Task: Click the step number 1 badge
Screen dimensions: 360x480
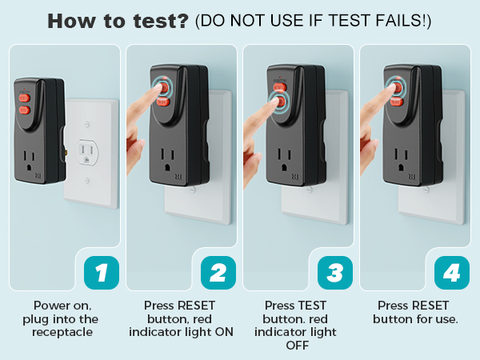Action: coord(102,273)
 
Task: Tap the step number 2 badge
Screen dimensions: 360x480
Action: coord(218,273)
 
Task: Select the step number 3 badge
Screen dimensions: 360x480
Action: coord(334,273)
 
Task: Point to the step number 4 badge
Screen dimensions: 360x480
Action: coord(451,273)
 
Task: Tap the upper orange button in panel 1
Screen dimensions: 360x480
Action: coord(23,95)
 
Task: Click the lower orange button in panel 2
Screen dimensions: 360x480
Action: coord(162,102)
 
